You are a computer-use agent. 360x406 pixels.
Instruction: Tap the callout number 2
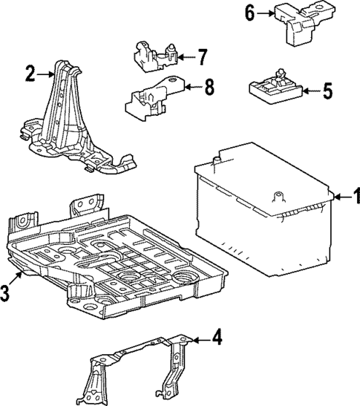point(30,73)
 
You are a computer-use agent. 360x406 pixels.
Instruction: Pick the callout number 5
point(328,93)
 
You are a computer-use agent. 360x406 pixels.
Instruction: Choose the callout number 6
point(250,13)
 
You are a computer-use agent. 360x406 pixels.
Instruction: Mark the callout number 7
point(203,56)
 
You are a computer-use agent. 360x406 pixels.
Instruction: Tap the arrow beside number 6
point(266,13)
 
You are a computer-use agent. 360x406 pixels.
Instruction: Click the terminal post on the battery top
point(279,197)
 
